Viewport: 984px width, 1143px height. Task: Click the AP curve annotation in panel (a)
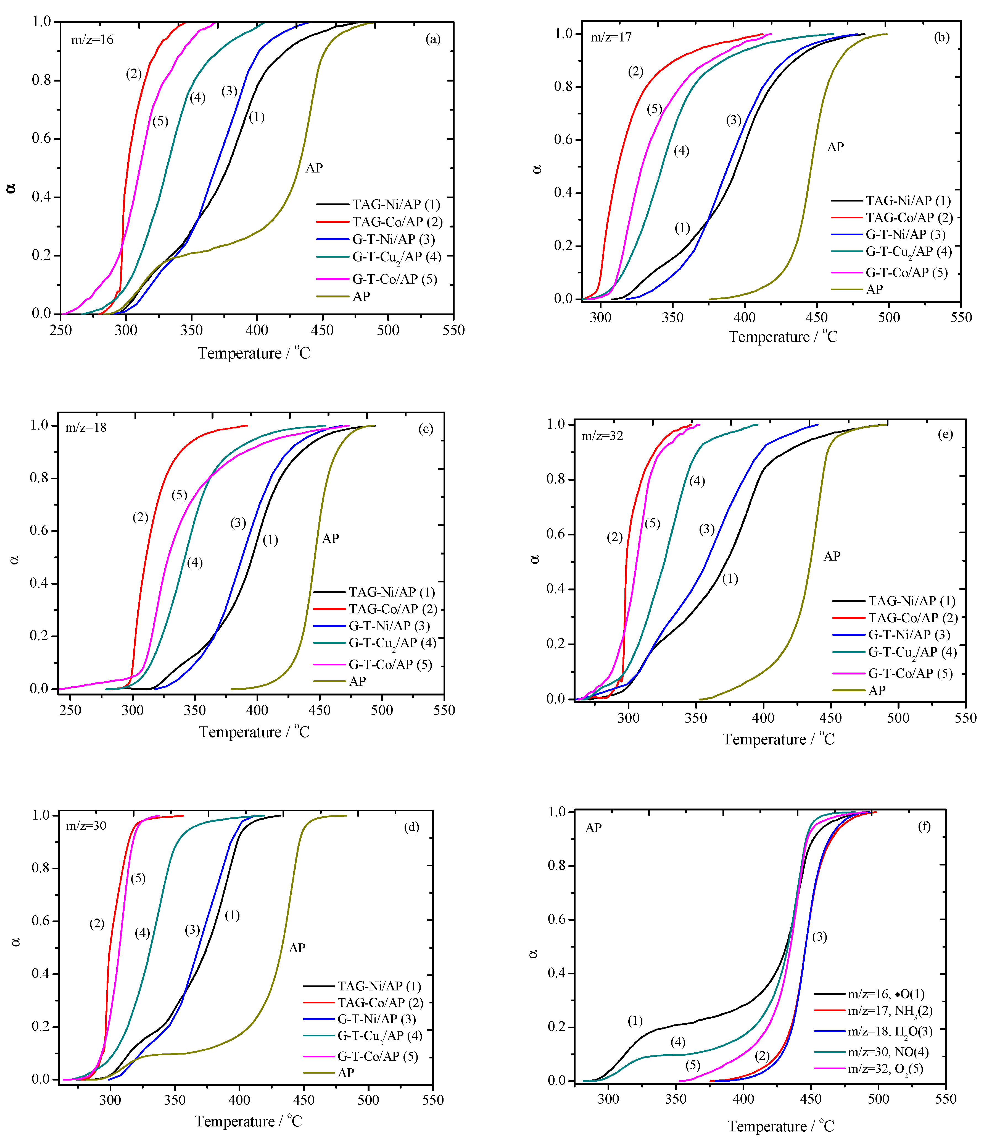(x=314, y=168)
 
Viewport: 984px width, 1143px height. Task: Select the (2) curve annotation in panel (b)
(x=635, y=72)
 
